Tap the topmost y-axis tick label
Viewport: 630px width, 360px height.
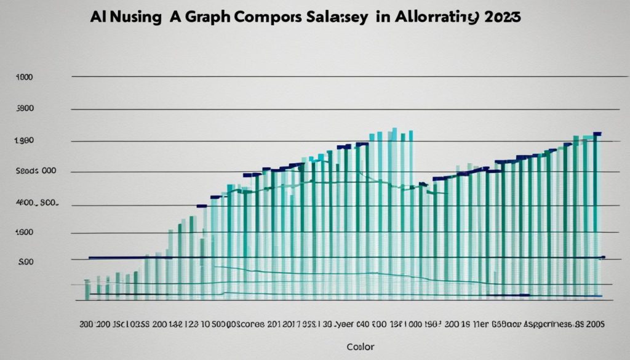(25, 78)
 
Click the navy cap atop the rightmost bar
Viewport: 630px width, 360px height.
(596, 134)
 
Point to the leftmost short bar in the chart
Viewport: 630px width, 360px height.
(87, 289)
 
